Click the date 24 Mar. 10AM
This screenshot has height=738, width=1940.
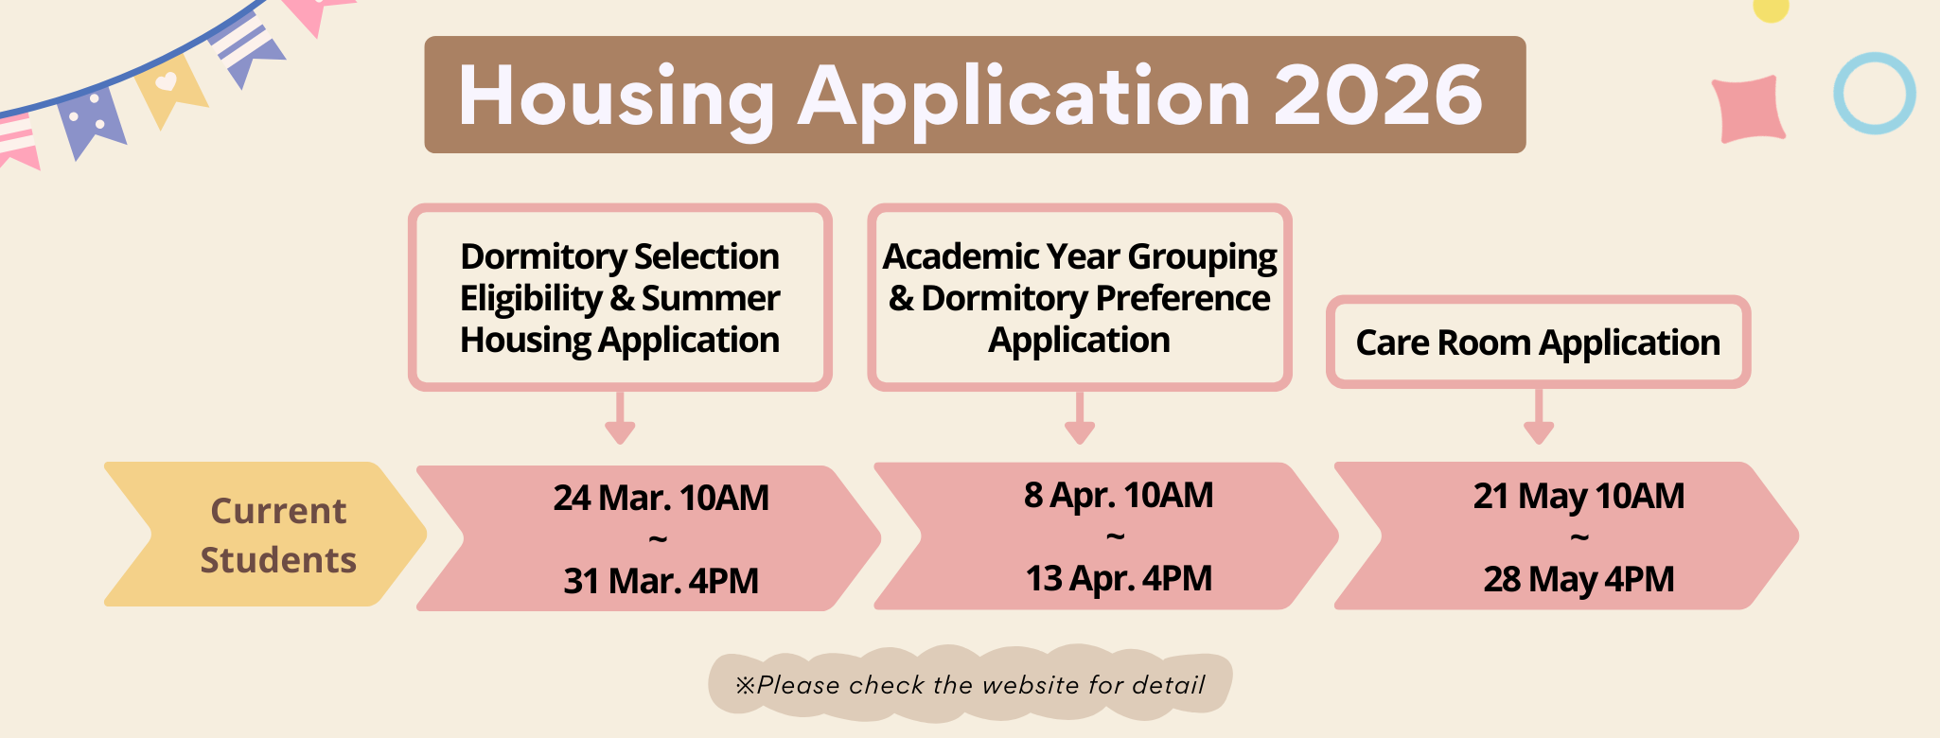coord(661,498)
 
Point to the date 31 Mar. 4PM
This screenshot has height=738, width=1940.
coord(661,581)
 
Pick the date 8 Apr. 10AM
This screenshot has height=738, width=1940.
coord(1118,495)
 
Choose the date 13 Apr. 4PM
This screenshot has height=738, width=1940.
coord(1118,578)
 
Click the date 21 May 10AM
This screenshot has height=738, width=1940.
coord(1578,496)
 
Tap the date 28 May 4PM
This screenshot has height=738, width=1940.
coord(1578,579)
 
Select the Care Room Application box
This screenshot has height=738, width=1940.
coord(1538,343)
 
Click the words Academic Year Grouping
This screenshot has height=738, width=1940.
coord(1079,256)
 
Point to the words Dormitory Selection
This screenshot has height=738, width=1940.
coord(619,256)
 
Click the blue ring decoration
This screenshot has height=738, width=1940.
coord(1874,93)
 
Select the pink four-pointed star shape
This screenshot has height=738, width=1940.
coord(1749,109)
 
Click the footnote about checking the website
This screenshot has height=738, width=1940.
coord(970,684)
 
